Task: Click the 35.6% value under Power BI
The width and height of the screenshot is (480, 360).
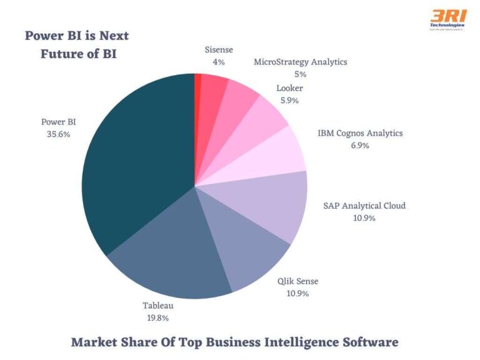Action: [57, 134]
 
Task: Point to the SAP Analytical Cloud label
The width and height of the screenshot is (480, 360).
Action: [364, 206]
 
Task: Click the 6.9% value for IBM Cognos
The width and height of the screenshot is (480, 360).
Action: [360, 146]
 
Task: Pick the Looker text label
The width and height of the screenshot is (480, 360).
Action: [289, 89]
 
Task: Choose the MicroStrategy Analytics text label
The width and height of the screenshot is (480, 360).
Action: [300, 62]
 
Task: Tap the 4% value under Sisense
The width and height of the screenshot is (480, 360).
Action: [219, 62]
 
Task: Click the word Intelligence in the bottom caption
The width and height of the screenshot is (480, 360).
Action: [284, 342]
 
